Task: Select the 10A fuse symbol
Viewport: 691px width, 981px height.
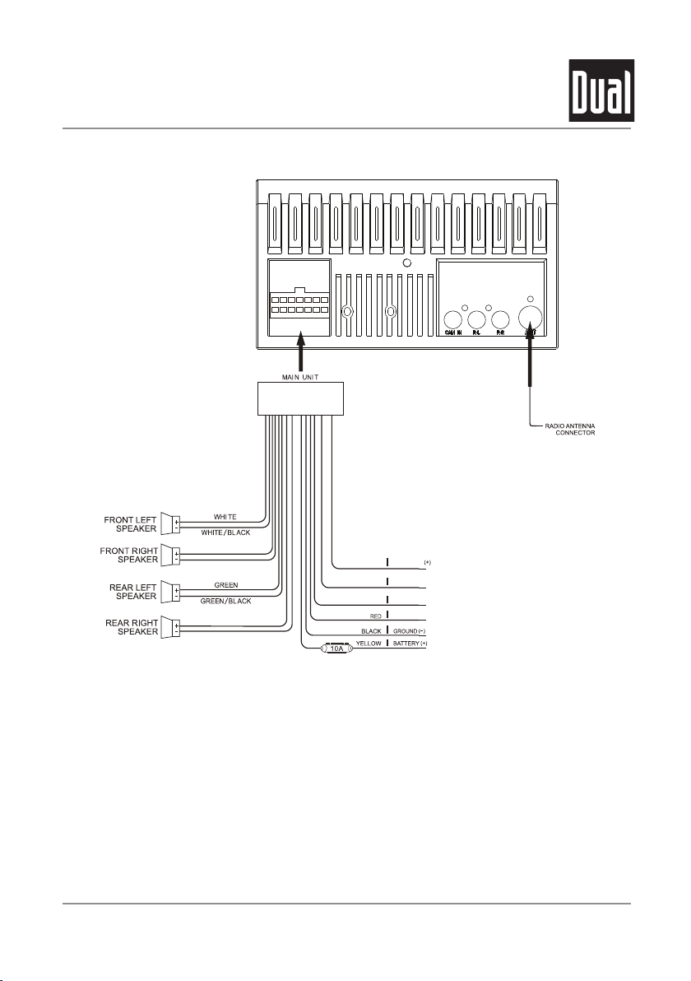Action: [x=336, y=649]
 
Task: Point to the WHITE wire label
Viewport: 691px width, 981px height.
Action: [x=225, y=517]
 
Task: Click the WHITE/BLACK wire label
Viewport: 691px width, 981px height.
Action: [x=225, y=532]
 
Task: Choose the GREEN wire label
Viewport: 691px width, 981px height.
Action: [x=225, y=585]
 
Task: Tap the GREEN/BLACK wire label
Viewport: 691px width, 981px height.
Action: [x=225, y=601]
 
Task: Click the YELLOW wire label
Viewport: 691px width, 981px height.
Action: [x=368, y=643]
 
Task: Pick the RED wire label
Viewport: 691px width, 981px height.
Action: [x=374, y=615]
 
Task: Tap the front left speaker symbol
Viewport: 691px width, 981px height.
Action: [x=171, y=523]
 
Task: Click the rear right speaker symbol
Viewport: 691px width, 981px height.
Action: [x=171, y=627]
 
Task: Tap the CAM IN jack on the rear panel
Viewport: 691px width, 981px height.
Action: [x=452, y=320]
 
